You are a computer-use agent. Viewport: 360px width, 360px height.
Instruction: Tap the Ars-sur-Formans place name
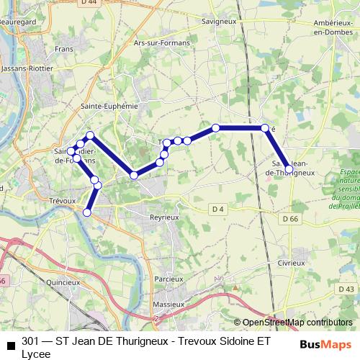tap(162, 43)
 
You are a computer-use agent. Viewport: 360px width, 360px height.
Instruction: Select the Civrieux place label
tap(292, 263)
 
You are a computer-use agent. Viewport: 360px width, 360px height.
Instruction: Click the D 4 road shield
tap(218, 209)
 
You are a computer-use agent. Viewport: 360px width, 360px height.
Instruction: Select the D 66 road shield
tap(290, 218)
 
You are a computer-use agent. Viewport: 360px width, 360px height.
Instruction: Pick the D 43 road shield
tap(349, 288)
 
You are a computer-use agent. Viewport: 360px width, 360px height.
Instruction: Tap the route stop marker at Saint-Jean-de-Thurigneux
tap(289, 170)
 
